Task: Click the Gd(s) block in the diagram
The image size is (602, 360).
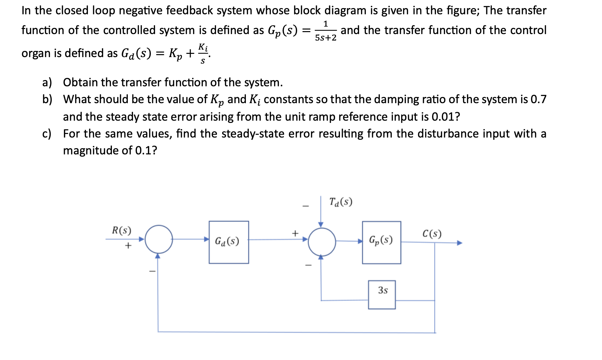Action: [x=229, y=242]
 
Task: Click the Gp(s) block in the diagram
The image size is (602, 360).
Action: [x=381, y=242]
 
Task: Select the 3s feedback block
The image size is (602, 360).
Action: [x=382, y=294]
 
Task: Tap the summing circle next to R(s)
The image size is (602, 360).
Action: [x=159, y=239]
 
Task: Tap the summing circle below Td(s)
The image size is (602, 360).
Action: [x=321, y=242]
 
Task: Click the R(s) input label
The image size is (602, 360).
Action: [x=122, y=230]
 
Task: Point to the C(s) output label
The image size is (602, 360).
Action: [x=432, y=234]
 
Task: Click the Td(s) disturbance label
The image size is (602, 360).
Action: [x=341, y=202]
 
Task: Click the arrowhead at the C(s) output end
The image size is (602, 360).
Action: [x=460, y=243]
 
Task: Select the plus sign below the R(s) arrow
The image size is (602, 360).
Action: [x=128, y=246]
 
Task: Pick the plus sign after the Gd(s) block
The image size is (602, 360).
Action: [x=295, y=233]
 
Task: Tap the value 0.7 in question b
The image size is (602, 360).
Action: [x=538, y=99]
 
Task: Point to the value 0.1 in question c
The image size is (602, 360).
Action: [x=143, y=150]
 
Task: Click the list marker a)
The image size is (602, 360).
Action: [x=47, y=82]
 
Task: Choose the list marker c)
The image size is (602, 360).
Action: [x=47, y=134]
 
